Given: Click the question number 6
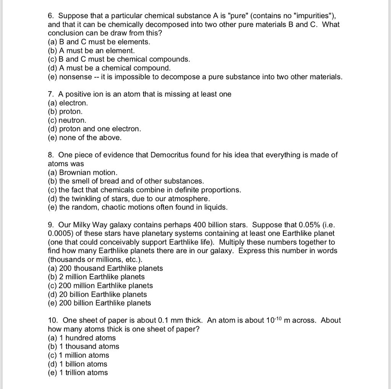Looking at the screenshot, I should (x=51, y=16).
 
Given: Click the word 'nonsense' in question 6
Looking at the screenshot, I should (x=74, y=77).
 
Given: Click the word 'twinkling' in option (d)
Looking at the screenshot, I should (x=86, y=199).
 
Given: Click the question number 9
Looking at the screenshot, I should (x=51, y=225).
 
